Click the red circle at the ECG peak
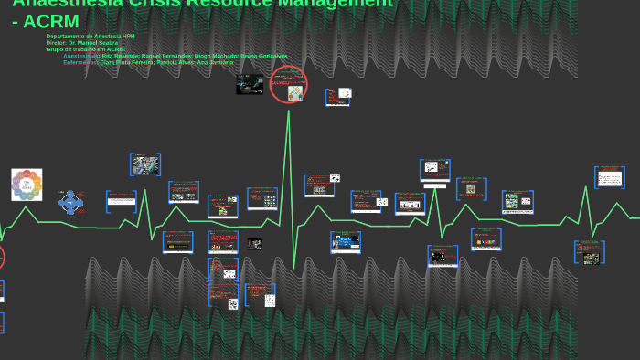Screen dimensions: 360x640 pyautogui.click(x=289, y=85)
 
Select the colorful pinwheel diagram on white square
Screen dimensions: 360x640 pyautogui.click(x=27, y=185)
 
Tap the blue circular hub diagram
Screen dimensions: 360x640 pyautogui.click(x=70, y=202)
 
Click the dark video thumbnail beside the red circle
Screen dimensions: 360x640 pyautogui.click(x=249, y=85)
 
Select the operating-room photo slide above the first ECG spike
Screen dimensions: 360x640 pyautogui.click(x=145, y=165)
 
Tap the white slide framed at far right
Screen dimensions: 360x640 pyautogui.click(x=609, y=177)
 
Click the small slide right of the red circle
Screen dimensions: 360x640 pyautogui.click(x=338, y=97)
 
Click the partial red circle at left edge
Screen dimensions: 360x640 pyautogui.click(x=1, y=257)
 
